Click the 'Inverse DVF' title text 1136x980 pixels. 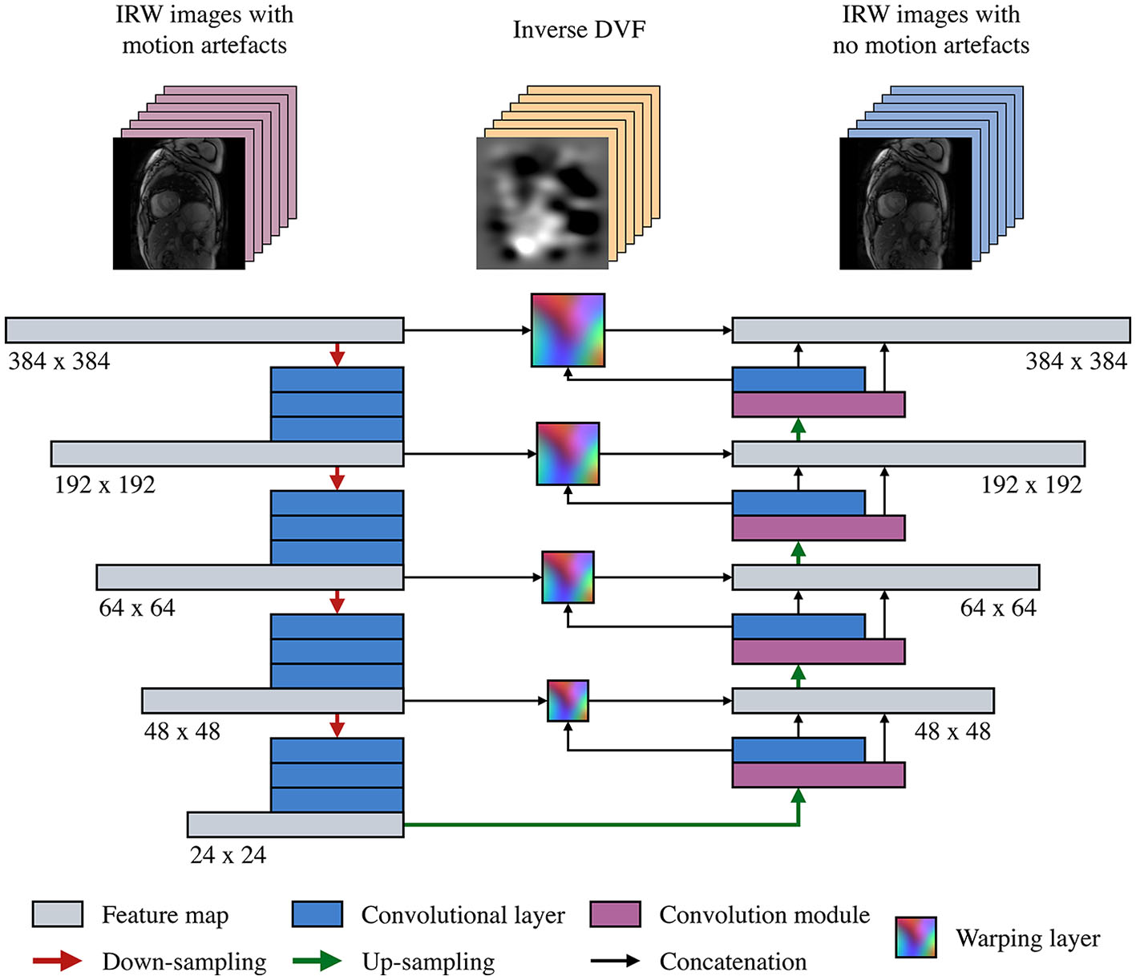[579, 30]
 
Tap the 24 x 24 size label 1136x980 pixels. [228, 855]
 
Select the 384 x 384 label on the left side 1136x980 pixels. [59, 362]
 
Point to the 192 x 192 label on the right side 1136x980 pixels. [1031, 484]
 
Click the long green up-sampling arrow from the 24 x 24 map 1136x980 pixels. [601, 824]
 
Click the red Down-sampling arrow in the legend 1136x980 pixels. [58, 961]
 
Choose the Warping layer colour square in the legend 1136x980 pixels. [916, 937]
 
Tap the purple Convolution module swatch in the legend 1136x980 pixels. [615, 914]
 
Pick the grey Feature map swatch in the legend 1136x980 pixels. [57, 914]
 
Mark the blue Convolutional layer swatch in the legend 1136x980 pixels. [317, 914]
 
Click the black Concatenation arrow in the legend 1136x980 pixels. [615, 961]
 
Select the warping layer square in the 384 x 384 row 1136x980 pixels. [568, 330]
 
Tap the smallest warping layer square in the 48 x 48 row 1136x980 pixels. [568, 700]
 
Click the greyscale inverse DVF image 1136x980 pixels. [542, 203]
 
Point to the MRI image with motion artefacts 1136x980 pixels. [179, 203]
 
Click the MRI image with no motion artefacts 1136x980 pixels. [905, 203]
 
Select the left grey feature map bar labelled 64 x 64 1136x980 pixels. [249, 577]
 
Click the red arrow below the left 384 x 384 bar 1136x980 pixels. [337, 354]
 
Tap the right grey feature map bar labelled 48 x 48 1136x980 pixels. [863, 700]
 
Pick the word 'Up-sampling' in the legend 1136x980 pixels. [428, 961]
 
